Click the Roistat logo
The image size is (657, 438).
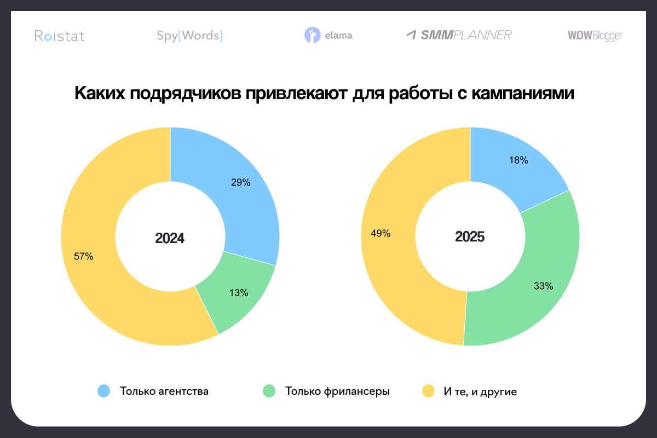[x=60, y=36]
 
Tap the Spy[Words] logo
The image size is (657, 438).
[x=189, y=36]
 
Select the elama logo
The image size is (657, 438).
[x=328, y=36]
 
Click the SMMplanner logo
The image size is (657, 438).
[x=459, y=35]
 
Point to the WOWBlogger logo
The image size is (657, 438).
[x=595, y=36]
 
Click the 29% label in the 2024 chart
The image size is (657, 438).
[x=241, y=183]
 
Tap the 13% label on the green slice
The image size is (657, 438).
[x=239, y=293]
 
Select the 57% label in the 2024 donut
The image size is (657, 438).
[x=84, y=256]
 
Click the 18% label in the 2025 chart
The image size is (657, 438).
[x=518, y=160]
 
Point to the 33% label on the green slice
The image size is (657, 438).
[x=544, y=286]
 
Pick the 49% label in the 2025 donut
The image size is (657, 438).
[x=381, y=233]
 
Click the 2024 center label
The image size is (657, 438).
[x=170, y=238]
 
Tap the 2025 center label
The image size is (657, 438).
[x=470, y=238]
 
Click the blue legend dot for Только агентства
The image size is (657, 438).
[x=103, y=391]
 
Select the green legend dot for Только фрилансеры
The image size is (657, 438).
[x=269, y=391]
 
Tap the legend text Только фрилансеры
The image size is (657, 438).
[x=337, y=391]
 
